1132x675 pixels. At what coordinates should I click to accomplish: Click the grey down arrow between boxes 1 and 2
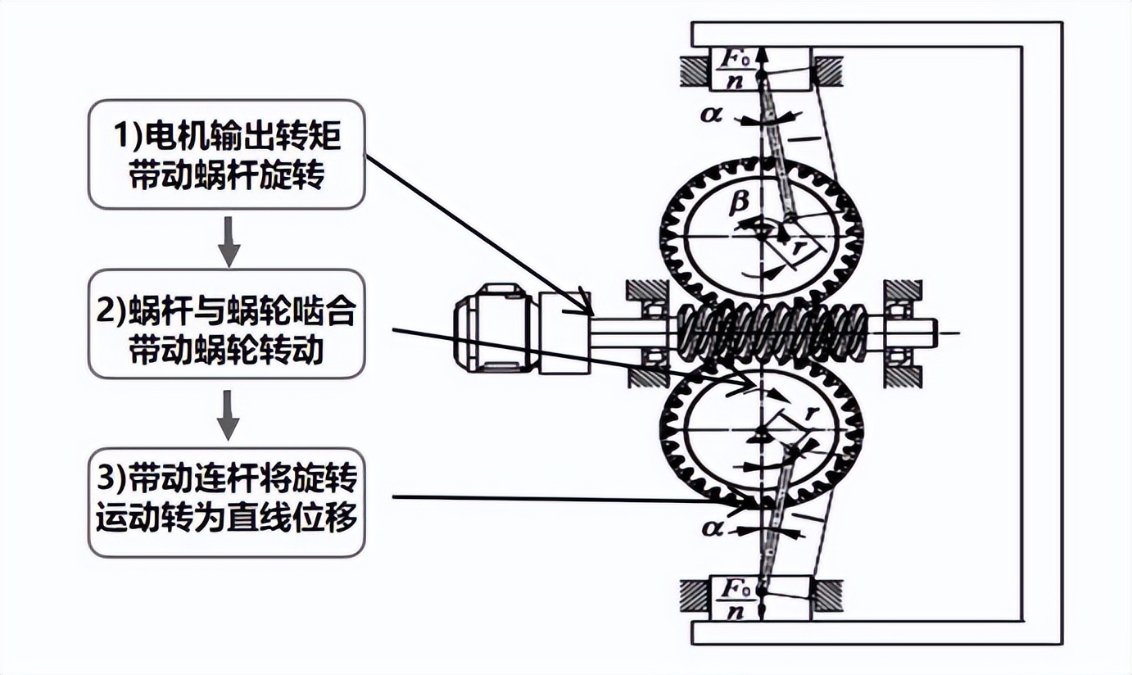tap(229, 242)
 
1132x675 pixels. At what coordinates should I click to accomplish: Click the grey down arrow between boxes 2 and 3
tap(229, 415)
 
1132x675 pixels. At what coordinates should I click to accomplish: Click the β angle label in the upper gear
tap(738, 204)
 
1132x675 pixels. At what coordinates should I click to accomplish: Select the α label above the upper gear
tap(711, 116)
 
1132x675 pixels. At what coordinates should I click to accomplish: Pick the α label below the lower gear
tap(713, 529)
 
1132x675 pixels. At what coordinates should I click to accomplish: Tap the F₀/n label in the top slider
tap(733, 70)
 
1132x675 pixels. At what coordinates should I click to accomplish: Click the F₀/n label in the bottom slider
tap(734, 599)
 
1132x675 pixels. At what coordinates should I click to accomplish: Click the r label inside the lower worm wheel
tap(812, 413)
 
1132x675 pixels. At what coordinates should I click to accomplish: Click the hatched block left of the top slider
tap(695, 70)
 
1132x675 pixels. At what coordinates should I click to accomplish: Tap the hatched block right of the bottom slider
tap(827, 596)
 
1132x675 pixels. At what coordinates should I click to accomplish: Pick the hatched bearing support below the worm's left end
tap(648, 377)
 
